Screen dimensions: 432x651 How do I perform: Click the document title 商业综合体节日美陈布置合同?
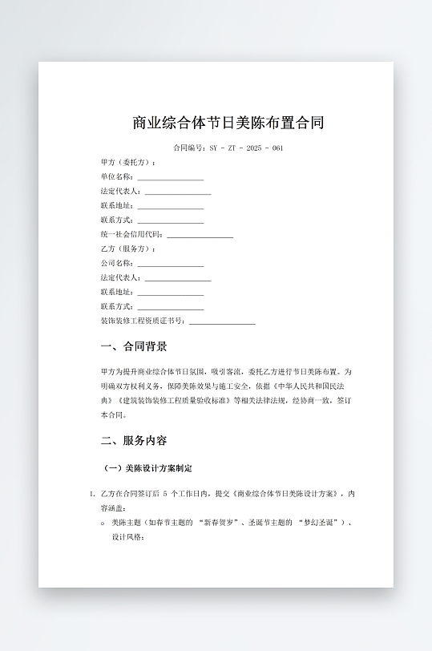click(228, 123)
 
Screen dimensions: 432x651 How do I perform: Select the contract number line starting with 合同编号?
click(228, 148)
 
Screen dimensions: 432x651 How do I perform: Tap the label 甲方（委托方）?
click(128, 163)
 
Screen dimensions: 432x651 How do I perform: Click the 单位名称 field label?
click(117, 177)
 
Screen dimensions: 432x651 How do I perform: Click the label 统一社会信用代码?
click(131, 235)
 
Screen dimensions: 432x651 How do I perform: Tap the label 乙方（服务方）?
click(128, 249)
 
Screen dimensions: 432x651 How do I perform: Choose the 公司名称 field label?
click(117, 264)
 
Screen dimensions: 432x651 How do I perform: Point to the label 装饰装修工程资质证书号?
click(143, 321)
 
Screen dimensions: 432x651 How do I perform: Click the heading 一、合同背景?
click(135, 347)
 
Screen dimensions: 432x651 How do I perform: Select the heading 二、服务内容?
click(135, 441)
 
